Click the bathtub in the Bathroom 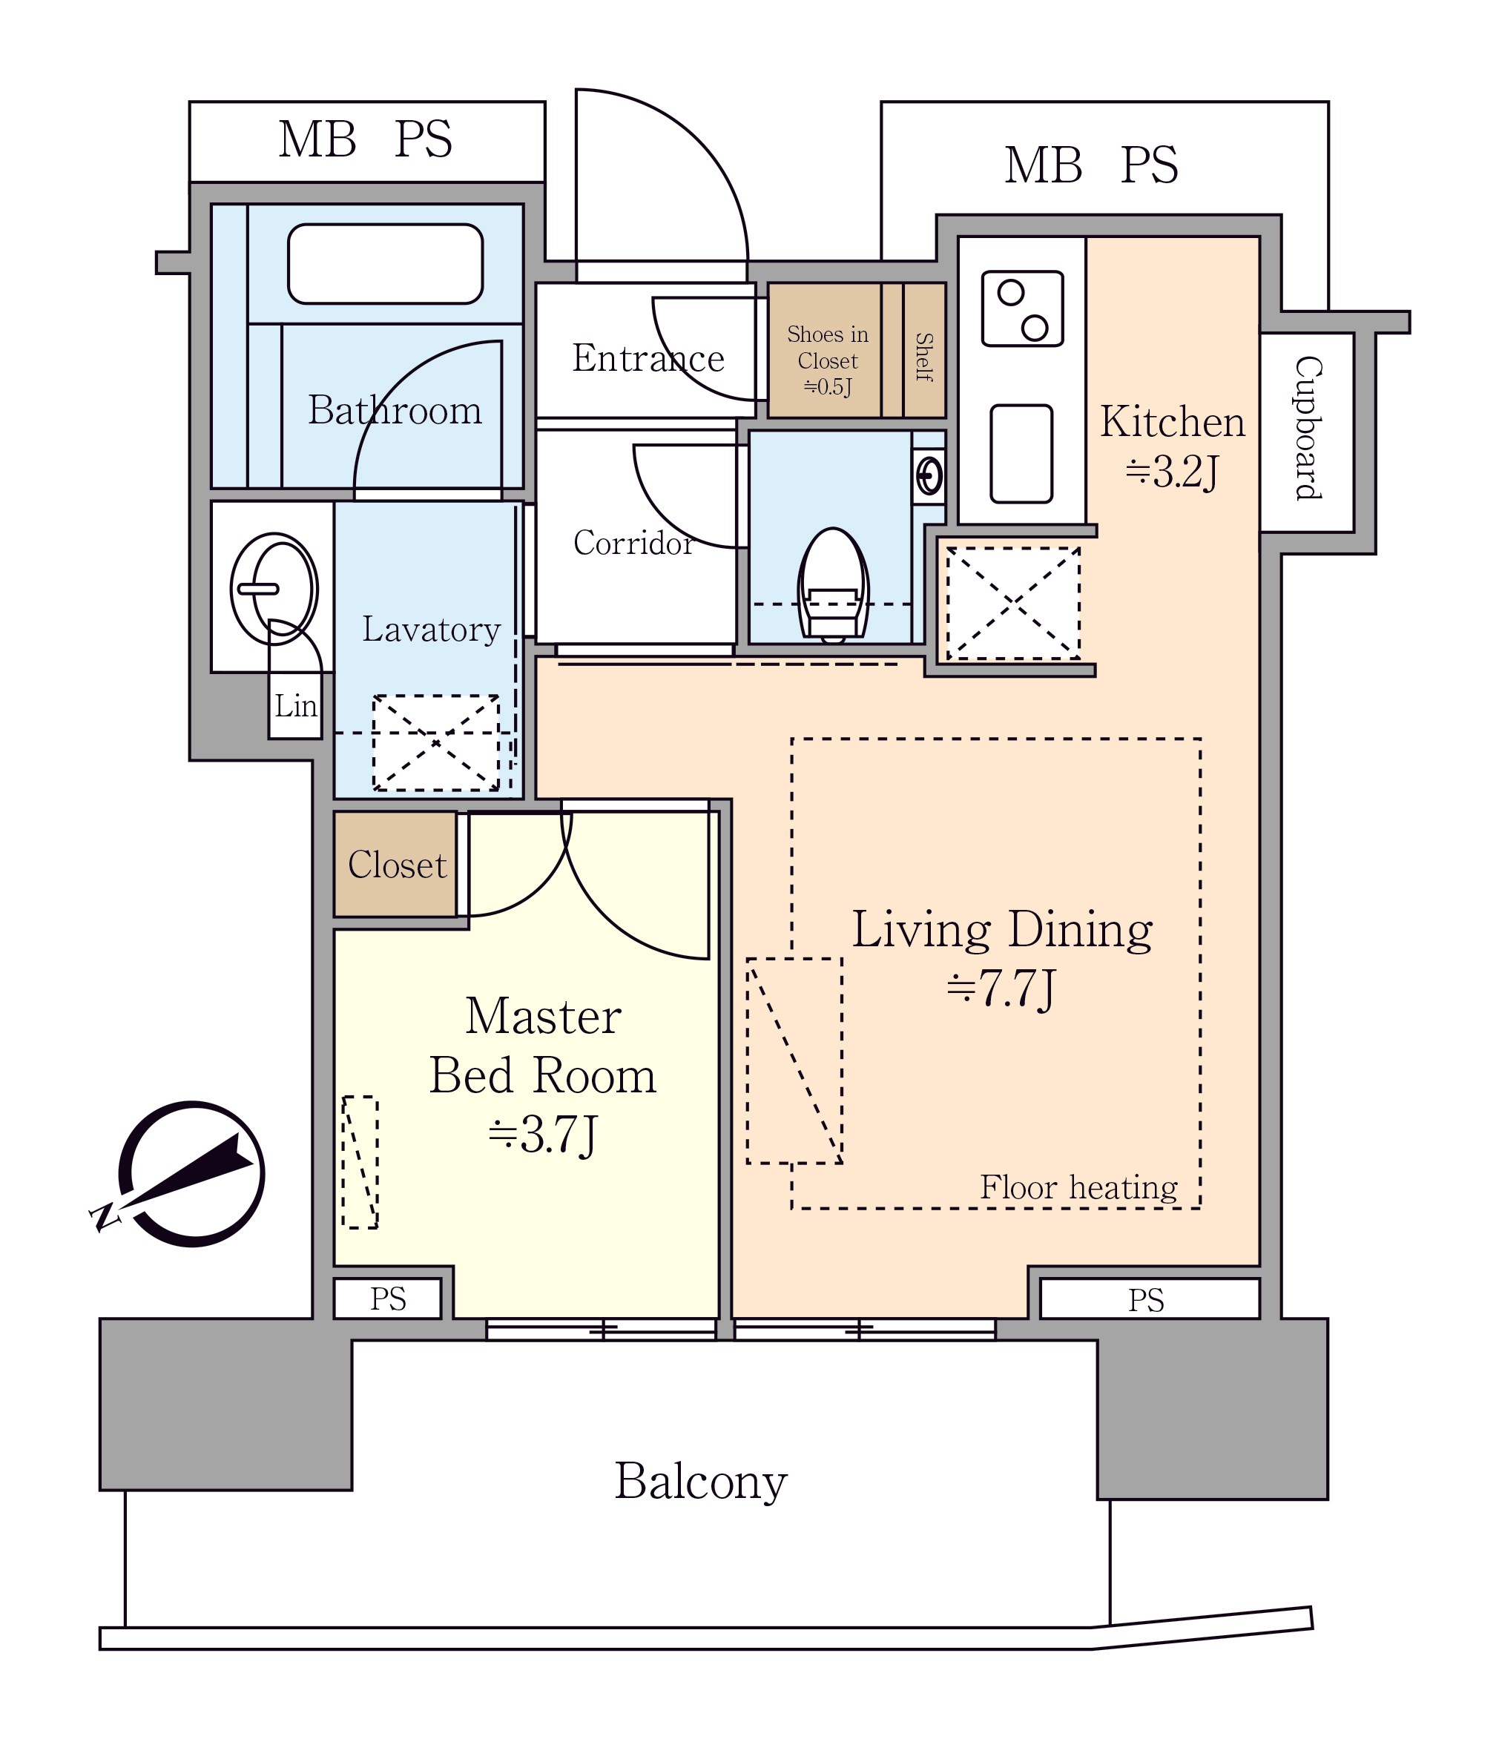point(385,263)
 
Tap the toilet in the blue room point(833,585)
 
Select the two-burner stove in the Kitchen point(1022,308)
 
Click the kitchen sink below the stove point(1021,454)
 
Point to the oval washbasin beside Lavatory point(274,588)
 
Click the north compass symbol point(180,1172)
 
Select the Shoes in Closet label point(828,360)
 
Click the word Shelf point(924,357)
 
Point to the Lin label point(295,706)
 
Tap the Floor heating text point(1078,1187)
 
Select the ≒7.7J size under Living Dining point(1001,988)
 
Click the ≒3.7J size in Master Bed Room point(542,1135)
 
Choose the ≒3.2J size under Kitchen point(1172,471)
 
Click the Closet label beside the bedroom point(397,865)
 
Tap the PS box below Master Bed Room point(388,1299)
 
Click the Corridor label point(633,543)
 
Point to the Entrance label point(648,358)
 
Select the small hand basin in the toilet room point(929,477)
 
